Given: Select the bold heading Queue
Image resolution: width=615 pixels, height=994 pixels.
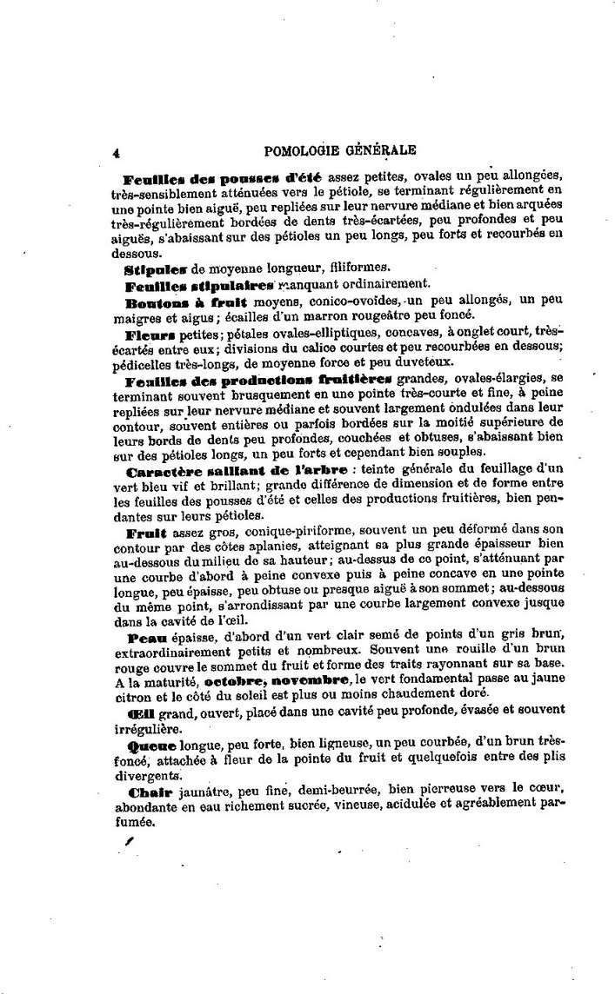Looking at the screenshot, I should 151,745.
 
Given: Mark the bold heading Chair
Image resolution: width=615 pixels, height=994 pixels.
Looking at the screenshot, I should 146,792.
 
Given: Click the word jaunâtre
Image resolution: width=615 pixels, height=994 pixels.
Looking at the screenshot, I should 203,792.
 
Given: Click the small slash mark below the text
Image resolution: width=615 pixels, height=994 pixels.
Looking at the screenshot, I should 130,842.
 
